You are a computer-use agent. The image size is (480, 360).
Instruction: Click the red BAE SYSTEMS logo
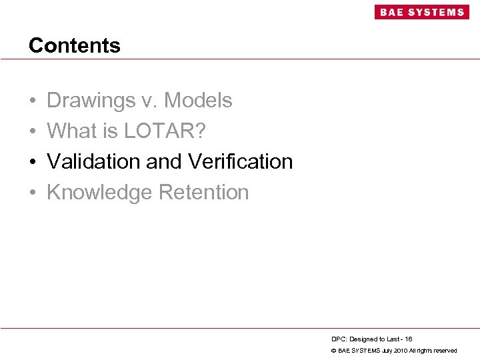coord(421,12)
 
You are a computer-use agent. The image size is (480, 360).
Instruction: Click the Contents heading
coord(75,45)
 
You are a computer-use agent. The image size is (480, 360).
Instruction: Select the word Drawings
coord(91,101)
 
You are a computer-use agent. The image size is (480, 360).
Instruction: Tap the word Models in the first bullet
coord(198,101)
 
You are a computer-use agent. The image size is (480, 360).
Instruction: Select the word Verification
coord(241,162)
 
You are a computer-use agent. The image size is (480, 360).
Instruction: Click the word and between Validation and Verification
coord(167,162)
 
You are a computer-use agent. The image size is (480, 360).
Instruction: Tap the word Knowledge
coord(99,193)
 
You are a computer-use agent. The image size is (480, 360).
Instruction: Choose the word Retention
coord(203,193)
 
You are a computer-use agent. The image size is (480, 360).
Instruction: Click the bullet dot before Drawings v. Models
coord(33,101)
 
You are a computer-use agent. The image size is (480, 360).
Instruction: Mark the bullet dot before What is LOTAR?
coord(33,132)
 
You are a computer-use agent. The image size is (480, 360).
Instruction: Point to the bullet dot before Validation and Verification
coord(33,163)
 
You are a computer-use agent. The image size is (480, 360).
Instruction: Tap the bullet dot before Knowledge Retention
coord(33,193)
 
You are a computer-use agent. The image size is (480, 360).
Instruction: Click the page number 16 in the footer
coord(408,339)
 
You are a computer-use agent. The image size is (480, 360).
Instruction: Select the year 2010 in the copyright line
coord(399,351)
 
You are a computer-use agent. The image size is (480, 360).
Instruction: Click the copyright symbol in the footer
coord(333,351)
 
